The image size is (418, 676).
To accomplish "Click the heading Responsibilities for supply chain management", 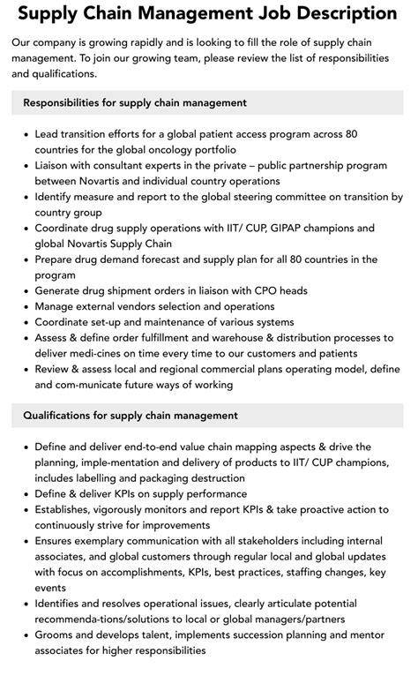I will [135, 102].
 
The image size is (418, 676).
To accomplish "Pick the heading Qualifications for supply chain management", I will [131, 415].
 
